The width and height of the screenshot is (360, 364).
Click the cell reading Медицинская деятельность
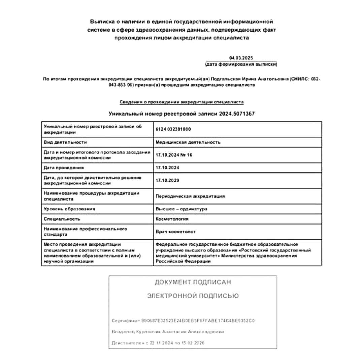188,142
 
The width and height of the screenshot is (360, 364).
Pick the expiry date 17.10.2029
167,180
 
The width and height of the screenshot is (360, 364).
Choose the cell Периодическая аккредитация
190,196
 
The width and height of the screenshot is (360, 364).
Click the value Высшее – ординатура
181,209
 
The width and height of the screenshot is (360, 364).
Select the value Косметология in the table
172,219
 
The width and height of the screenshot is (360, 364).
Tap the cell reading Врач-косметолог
175,232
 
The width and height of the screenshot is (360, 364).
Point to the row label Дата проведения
64,168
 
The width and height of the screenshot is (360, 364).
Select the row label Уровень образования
69,209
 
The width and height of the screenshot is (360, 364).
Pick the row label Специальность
62,219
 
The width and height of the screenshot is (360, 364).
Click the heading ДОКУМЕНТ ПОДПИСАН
193,282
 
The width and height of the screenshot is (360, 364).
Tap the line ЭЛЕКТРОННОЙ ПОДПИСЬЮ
193,296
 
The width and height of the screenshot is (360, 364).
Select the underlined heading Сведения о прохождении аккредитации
182,101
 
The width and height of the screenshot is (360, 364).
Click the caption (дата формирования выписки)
241,64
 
